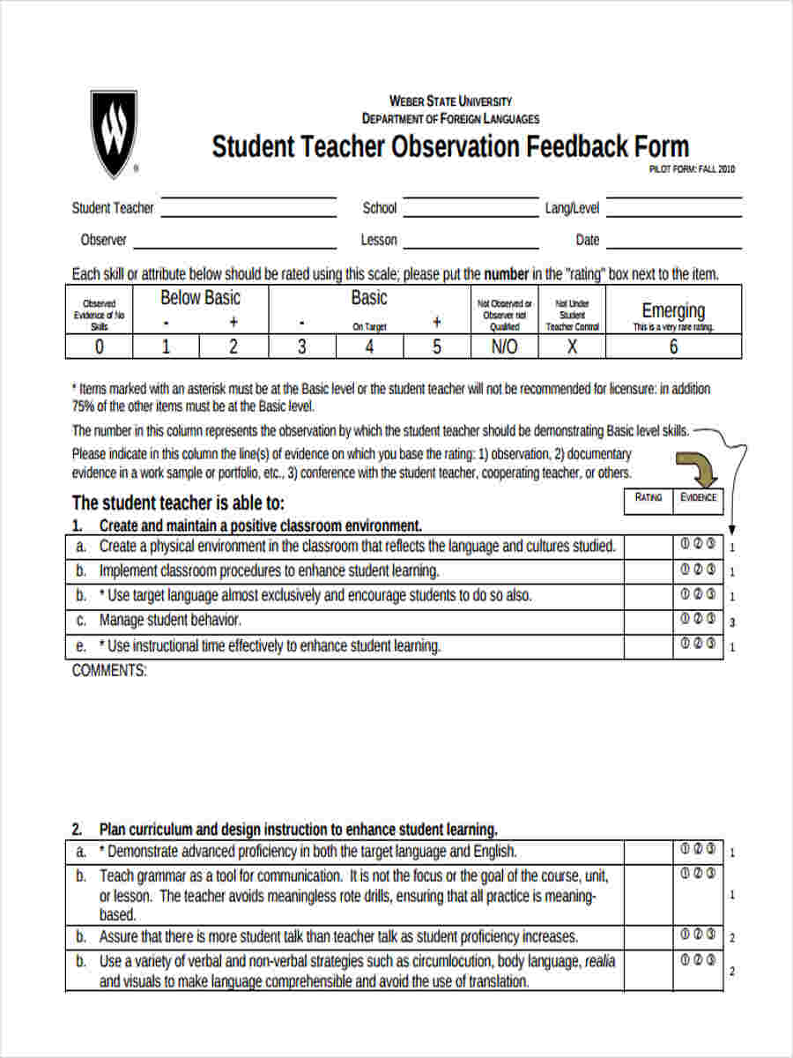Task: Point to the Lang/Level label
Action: point(572,209)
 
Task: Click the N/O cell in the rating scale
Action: point(504,346)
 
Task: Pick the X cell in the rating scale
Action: point(572,346)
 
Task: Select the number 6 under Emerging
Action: point(673,346)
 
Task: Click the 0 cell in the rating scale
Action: point(99,346)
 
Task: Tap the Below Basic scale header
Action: point(200,298)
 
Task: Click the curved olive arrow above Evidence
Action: point(697,468)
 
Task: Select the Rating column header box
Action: point(648,498)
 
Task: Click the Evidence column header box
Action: point(699,498)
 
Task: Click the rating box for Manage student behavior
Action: point(648,621)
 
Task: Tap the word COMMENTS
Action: point(109,670)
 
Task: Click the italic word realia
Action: point(600,961)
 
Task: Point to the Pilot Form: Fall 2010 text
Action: point(692,169)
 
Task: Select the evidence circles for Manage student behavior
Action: point(699,619)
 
